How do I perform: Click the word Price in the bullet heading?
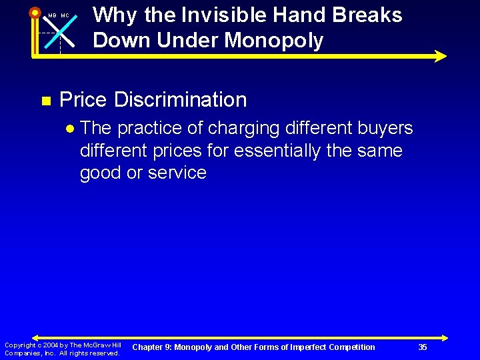[x=83, y=100]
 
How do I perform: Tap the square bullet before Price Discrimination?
[x=45, y=101]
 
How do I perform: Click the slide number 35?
[x=423, y=347]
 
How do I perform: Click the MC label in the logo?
[x=65, y=16]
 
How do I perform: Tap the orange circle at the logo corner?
[x=35, y=12]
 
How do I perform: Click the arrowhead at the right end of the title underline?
[x=440, y=56]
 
